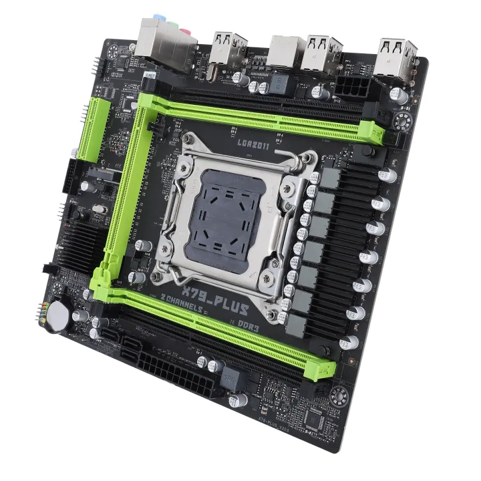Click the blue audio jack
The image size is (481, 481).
159,19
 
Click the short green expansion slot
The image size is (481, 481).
90,131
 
